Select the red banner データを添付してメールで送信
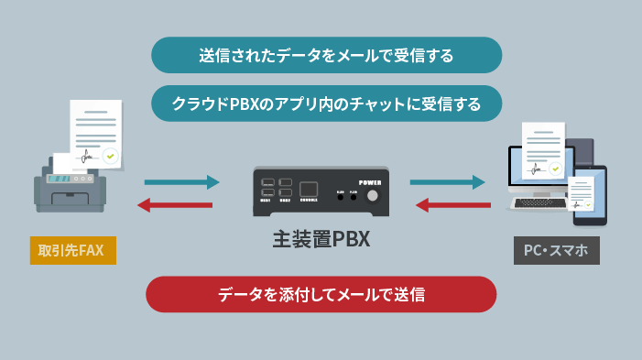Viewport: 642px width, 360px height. (321, 295)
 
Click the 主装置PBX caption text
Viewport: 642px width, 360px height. (320, 240)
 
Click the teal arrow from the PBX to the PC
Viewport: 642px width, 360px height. (448, 182)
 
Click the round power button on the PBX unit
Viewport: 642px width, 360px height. (372, 197)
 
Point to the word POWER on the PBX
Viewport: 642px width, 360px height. (370, 181)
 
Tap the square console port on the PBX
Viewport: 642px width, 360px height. (310, 185)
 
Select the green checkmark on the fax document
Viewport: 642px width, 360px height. (110, 157)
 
